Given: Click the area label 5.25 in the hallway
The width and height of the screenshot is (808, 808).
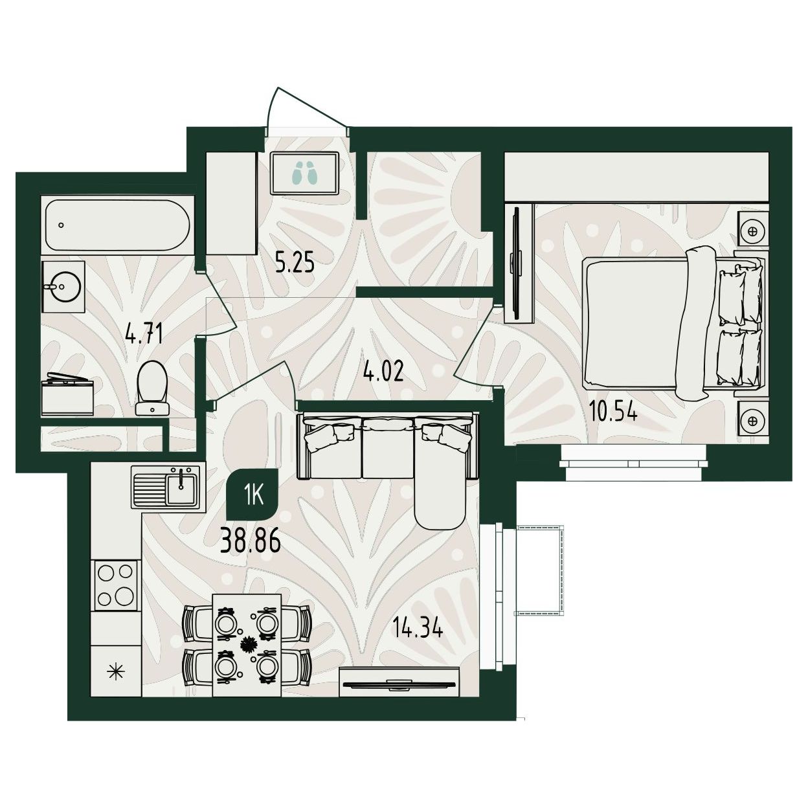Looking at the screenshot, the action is (x=295, y=264).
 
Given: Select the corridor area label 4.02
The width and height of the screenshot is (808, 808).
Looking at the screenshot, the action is (x=384, y=371).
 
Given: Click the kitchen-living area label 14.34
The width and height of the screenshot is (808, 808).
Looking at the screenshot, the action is (x=417, y=639).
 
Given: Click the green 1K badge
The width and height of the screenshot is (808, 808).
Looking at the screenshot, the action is (x=253, y=496).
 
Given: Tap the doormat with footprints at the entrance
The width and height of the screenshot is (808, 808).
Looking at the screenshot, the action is (x=304, y=173).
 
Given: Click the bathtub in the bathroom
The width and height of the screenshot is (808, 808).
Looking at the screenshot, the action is (x=118, y=225).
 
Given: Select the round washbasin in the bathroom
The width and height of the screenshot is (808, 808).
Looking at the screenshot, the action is (x=63, y=286).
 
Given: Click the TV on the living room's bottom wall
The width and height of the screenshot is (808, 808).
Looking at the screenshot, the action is (x=399, y=684).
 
